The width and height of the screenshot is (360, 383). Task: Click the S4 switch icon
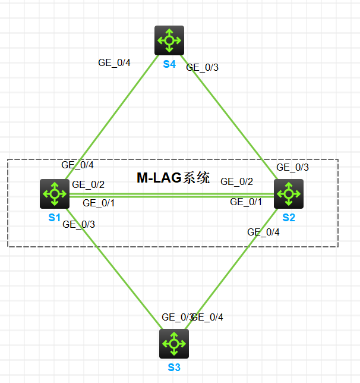click(x=169, y=40)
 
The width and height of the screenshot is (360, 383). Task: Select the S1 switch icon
click(x=55, y=193)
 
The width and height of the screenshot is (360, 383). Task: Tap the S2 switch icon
click(x=289, y=193)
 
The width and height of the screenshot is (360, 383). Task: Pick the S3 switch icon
click(x=173, y=344)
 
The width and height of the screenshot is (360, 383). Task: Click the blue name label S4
click(x=169, y=64)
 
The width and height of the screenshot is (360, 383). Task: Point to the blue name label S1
click(x=55, y=217)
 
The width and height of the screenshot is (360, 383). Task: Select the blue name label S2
click(x=289, y=217)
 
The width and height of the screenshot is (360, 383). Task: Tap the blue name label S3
click(x=173, y=367)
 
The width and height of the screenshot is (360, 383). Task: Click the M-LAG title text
click(x=173, y=177)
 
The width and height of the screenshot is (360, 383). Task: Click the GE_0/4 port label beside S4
click(x=114, y=62)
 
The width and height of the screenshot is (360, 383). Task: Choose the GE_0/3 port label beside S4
click(x=203, y=67)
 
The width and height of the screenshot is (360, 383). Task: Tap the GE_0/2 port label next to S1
click(x=88, y=184)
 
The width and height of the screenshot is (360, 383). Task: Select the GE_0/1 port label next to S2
click(x=246, y=202)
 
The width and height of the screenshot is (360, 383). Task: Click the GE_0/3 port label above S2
click(x=293, y=167)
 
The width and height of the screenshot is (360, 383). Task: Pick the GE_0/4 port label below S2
click(x=263, y=232)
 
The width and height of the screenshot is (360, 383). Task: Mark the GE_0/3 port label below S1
click(x=78, y=224)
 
